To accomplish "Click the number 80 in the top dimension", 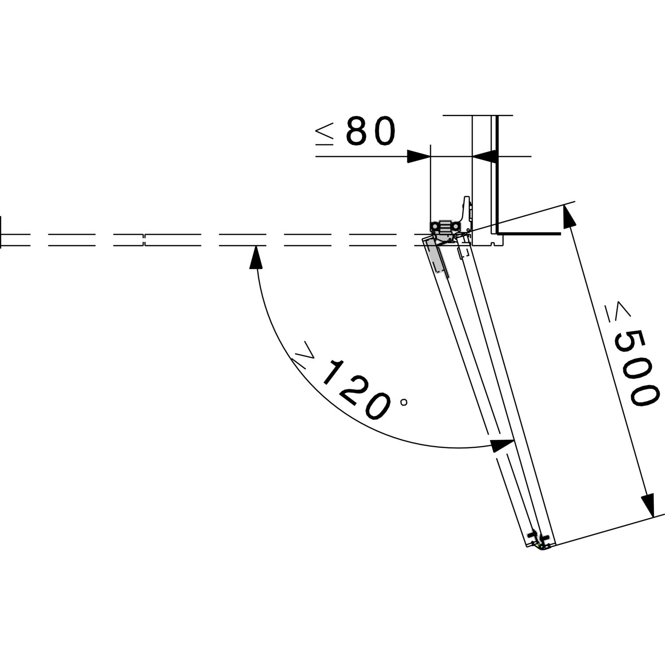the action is click(x=370, y=131).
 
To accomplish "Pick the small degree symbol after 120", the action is click(x=403, y=403).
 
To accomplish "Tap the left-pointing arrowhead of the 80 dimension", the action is click(x=484, y=156).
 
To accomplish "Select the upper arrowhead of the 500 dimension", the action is click(x=569, y=215).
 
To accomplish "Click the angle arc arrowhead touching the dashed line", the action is click(x=254, y=257).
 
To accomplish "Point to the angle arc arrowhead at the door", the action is click(x=502, y=445).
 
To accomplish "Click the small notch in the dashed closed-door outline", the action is click(x=145, y=239).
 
